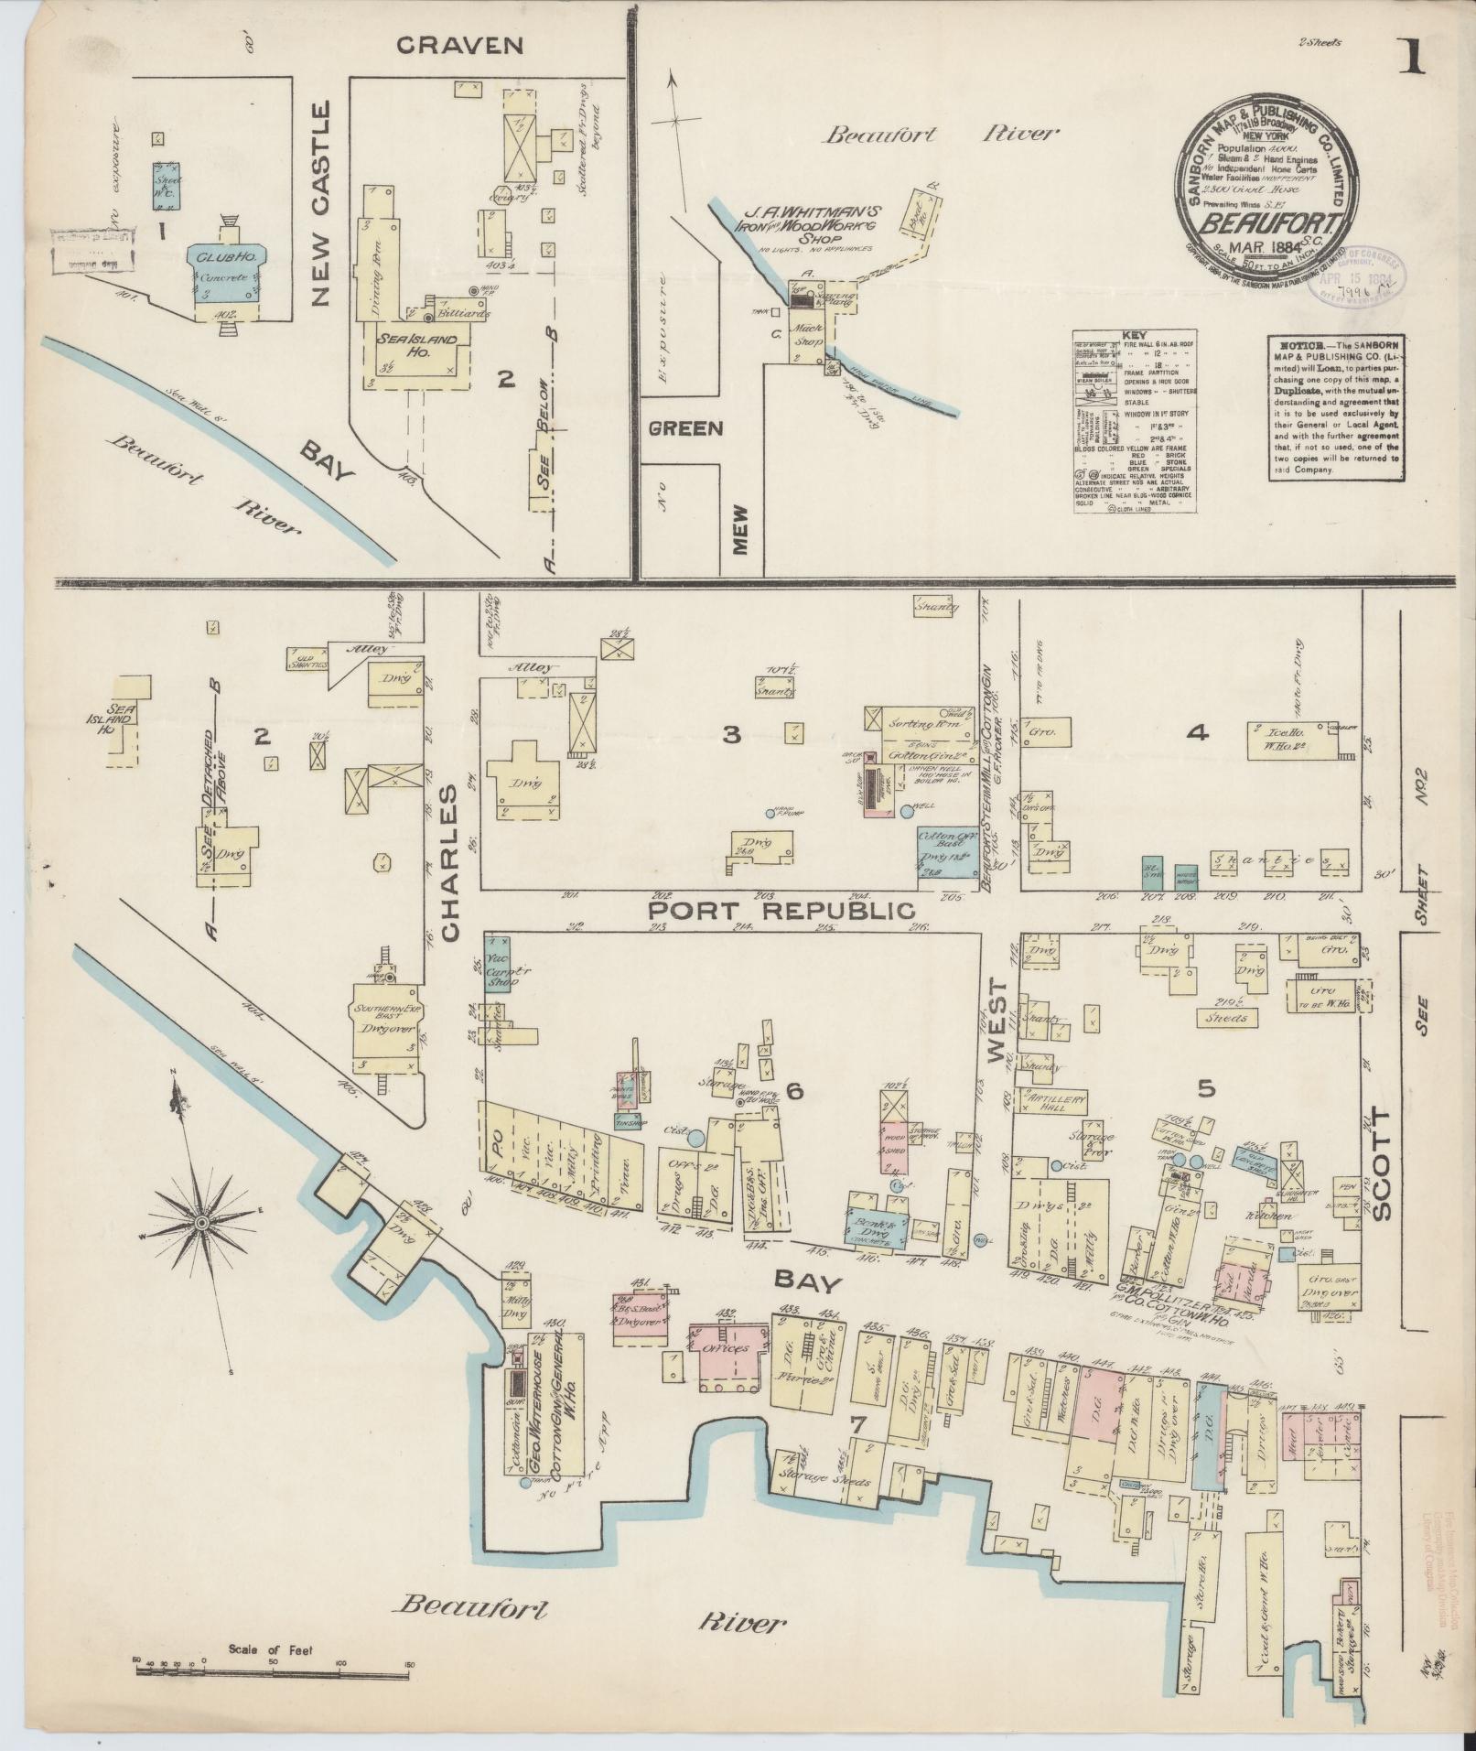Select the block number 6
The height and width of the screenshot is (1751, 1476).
793,1090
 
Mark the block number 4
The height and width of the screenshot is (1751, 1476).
1198,731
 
